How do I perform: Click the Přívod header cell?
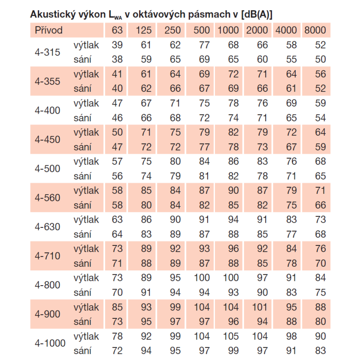coord(49,30)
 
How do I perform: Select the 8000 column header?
coord(315,30)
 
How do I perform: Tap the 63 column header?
coord(117,30)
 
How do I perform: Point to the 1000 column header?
coord(228,30)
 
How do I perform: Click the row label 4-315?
coord(47,52)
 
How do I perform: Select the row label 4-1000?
coord(50,343)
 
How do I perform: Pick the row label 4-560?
coord(47,198)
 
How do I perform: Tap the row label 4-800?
coord(47,285)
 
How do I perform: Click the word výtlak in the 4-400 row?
coord(86,103)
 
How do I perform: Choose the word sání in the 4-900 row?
coord(82,322)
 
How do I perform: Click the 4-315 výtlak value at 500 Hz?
coord(204,45)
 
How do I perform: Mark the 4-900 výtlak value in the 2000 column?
coord(260,307)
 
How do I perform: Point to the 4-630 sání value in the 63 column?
coord(117,234)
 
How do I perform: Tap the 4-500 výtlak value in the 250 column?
coord(175,161)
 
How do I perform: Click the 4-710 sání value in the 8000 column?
coord(321,264)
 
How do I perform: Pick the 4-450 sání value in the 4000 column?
coord(291,147)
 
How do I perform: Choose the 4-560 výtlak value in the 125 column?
coord(146,191)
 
